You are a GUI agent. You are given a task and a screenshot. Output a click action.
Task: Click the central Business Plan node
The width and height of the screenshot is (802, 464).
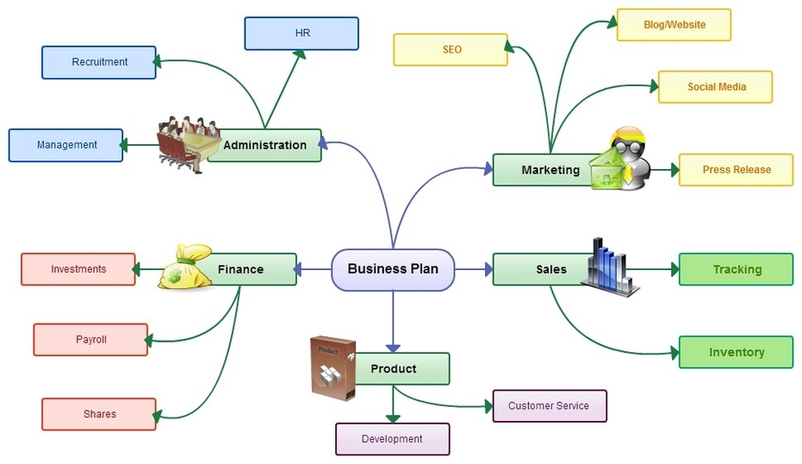[393, 269]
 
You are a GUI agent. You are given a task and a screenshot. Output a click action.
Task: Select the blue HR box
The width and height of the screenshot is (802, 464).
[301, 34]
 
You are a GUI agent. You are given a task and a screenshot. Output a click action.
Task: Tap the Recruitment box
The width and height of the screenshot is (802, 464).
[99, 62]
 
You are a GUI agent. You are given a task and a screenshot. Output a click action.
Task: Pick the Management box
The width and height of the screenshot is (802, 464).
[66, 145]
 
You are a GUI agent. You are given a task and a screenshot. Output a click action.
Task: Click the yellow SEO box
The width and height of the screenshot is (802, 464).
[451, 49]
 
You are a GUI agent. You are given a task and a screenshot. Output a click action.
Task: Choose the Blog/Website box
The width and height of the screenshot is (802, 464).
[674, 25]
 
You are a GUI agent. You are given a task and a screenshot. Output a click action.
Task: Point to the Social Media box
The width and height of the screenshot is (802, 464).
[715, 87]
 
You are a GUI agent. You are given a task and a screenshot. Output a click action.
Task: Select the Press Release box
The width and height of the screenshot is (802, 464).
[736, 170]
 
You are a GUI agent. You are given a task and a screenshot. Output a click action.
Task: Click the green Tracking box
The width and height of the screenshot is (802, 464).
[736, 269]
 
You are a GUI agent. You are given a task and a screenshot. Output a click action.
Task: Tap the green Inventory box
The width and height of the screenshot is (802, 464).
[736, 352]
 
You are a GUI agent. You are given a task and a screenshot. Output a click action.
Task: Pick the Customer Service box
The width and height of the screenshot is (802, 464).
[549, 405]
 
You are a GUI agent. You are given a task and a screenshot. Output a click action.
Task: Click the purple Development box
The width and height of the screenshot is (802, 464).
[392, 439]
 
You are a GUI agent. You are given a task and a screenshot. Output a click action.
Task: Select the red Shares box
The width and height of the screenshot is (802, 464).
[99, 414]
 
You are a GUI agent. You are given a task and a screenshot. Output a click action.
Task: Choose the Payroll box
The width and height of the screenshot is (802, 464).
[90, 340]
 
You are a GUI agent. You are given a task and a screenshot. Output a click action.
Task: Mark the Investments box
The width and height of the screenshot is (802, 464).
[78, 269]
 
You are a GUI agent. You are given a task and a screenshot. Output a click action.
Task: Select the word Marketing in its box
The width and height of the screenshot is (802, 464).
[550, 170]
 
